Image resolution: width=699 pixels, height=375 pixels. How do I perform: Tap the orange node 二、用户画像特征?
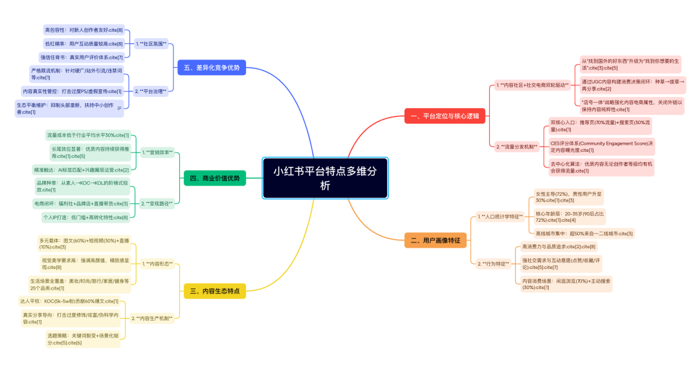click(436, 241)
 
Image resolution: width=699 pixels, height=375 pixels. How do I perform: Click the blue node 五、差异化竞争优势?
click(212, 67)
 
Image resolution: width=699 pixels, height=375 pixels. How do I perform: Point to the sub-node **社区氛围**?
click(151, 44)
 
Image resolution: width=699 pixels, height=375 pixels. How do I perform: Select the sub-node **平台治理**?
click(151, 91)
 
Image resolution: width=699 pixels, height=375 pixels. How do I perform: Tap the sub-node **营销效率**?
click(157, 153)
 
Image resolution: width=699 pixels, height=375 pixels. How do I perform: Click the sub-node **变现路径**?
click(157, 204)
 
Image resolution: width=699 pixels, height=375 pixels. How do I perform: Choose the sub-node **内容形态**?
click(157, 264)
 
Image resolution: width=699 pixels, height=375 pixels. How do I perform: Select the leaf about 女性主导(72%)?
click(568, 197)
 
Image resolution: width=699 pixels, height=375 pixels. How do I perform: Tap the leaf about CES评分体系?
click(601, 146)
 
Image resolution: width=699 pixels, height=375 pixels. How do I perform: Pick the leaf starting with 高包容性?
click(83, 30)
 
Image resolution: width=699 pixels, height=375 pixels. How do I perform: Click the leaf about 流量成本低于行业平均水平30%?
click(88, 135)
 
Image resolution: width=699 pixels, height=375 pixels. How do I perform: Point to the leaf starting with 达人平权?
click(69, 301)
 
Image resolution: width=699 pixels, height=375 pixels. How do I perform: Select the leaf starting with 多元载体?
click(83, 244)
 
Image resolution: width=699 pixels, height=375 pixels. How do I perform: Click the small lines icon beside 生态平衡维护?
click(120, 109)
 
